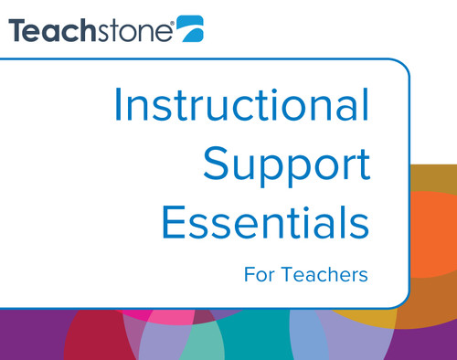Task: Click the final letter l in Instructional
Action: [366, 108]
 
